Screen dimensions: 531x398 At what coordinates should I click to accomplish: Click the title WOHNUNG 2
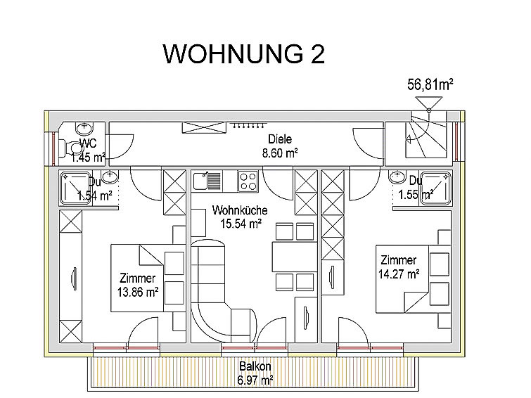pos(244,54)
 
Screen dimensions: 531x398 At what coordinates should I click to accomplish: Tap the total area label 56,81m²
pos(430,84)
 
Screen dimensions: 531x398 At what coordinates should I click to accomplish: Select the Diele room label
pos(280,139)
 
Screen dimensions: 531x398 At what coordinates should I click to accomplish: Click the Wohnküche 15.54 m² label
pos(240,217)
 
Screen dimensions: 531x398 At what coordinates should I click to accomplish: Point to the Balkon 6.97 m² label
pos(255,373)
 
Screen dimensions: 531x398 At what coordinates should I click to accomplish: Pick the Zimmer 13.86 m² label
pos(138,285)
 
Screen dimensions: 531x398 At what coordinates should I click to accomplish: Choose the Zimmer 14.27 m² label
pos(399,267)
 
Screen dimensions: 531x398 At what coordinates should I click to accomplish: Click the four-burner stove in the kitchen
pos(248,181)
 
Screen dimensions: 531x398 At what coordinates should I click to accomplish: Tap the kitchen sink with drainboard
pos(207,181)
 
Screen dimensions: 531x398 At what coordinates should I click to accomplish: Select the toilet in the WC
pos(72,148)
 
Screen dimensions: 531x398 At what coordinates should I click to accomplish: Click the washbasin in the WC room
pos(84,129)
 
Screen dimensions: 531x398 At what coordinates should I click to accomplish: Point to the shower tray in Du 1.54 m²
pos(75,188)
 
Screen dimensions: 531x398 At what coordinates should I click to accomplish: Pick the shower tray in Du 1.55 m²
pos(436,188)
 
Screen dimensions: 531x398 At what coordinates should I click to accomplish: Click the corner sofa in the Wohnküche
pos(210,305)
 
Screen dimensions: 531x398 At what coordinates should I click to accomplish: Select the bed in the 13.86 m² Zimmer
pos(148,278)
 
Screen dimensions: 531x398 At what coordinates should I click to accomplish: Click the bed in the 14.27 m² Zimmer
pos(413,278)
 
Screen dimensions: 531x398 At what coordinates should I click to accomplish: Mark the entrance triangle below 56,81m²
pos(429,103)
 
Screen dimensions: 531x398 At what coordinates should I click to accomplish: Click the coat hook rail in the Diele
pos(248,125)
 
